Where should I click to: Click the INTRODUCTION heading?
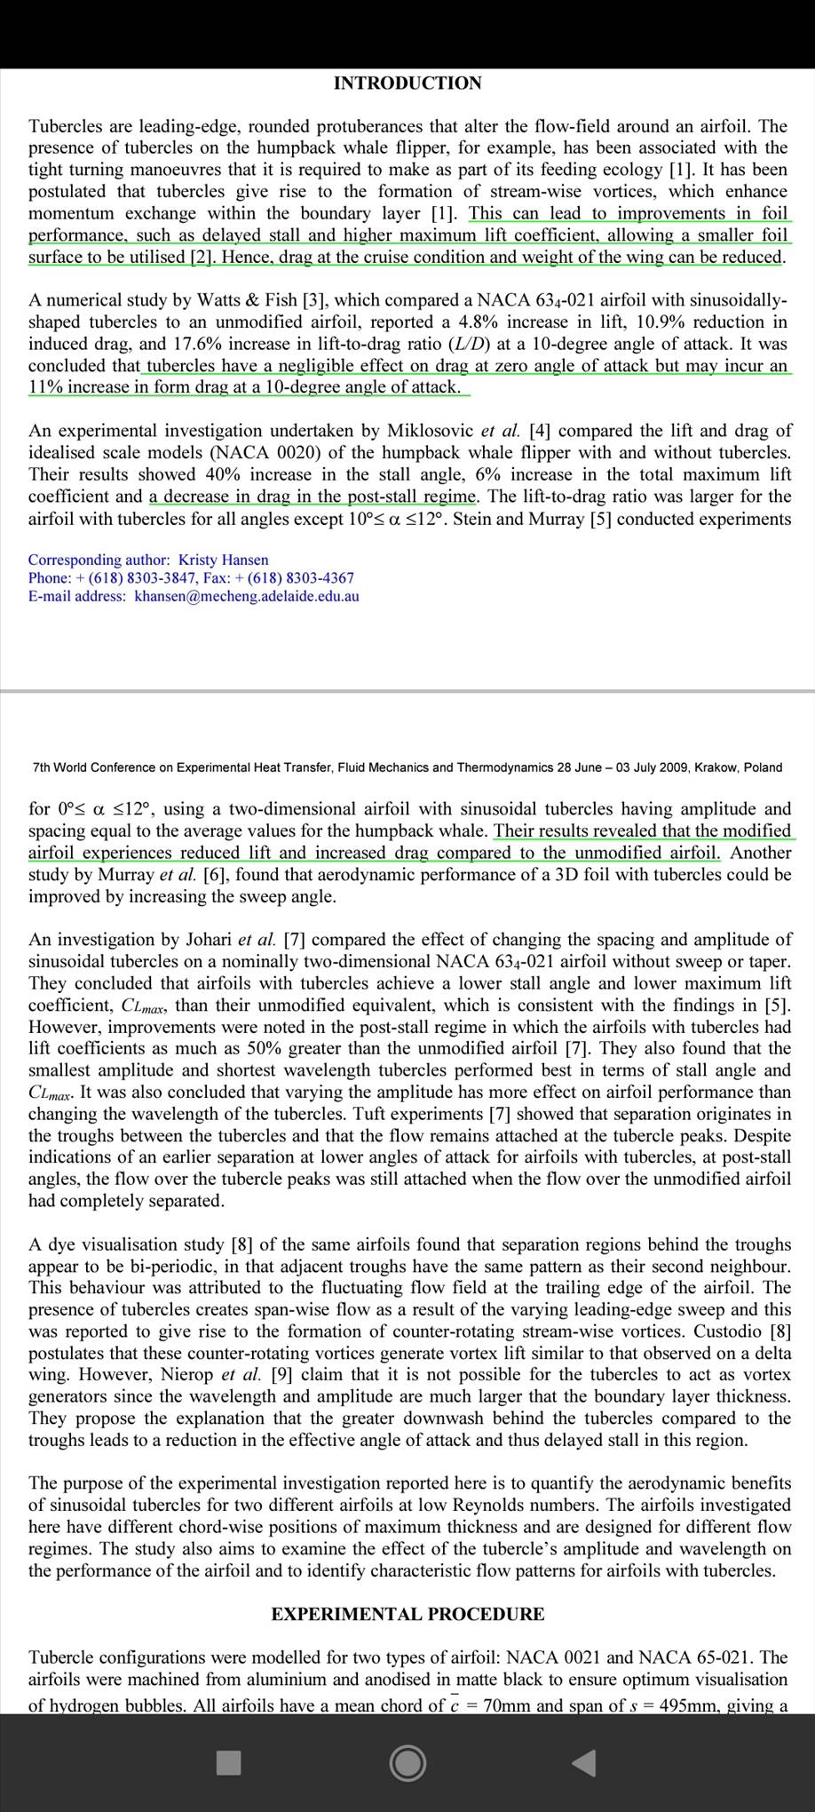coord(407,83)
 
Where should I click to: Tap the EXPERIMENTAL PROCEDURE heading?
coord(407,1614)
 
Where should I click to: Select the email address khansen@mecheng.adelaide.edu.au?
coord(247,596)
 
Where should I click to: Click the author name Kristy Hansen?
coord(224,560)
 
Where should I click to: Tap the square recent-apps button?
coord(229,1762)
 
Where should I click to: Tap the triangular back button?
coord(583,1762)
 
